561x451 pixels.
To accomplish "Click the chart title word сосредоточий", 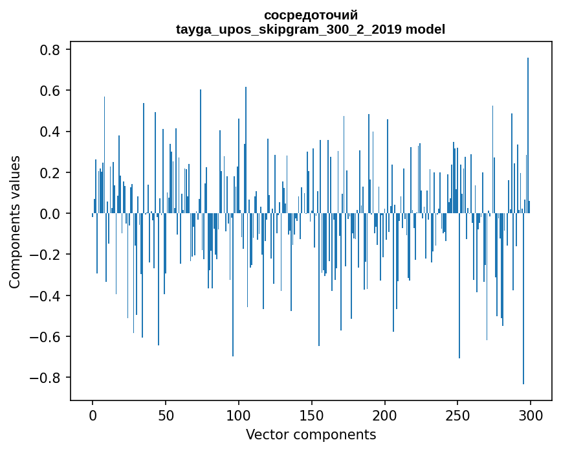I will (x=311, y=15).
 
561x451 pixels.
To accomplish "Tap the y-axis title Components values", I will (x=15, y=222).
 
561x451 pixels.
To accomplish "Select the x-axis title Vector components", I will (x=311, y=434).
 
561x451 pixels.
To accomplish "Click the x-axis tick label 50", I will (x=166, y=415).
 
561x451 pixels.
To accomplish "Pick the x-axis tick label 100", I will (x=239, y=415).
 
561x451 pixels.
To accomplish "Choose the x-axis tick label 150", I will (x=312, y=415).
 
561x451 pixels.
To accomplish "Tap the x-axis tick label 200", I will (x=385, y=415).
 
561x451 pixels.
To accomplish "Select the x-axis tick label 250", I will (x=458, y=415).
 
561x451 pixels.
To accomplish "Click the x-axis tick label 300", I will (x=531, y=415).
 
